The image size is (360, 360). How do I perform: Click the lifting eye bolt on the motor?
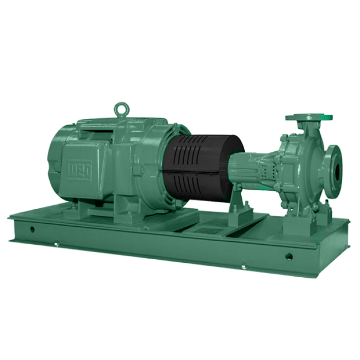pos(122,108)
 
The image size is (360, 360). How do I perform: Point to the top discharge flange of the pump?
pos(309,117)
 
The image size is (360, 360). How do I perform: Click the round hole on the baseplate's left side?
pos(32,229)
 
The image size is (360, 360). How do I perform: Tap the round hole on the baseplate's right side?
pos(289,256)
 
